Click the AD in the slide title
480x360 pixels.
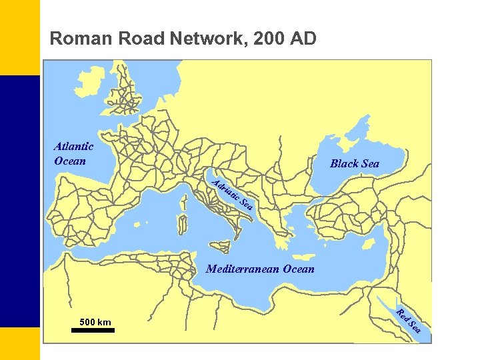pyautogui.click(x=303, y=39)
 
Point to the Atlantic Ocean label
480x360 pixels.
pyautogui.click(x=73, y=153)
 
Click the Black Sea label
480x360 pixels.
pyautogui.click(x=355, y=163)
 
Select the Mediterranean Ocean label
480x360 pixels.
pyautogui.click(x=260, y=269)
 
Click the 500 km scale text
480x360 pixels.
pyautogui.click(x=95, y=323)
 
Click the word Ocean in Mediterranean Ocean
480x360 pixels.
pyautogui.click(x=298, y=269)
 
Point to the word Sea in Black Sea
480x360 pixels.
pyautogui.click(x=369, y=163)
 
